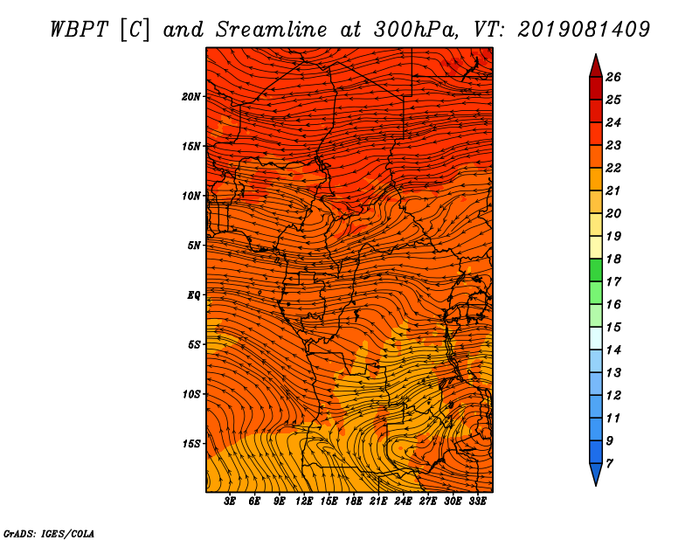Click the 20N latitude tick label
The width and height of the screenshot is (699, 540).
(x=191, y=97)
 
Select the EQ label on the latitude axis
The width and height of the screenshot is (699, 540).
(x=193, y=295)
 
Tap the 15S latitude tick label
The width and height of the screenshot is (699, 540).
(x=191, y=444)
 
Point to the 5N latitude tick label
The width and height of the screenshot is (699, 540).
(x=194, y=246)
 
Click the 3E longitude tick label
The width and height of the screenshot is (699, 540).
(x=230, y=502)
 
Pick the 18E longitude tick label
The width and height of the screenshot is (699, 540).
(x=354, y=502)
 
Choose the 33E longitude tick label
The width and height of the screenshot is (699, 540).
(x=477, y=502)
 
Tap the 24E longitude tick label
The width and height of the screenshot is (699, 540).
(x=403, y=502)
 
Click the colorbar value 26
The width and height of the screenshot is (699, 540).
(x=613, y=77)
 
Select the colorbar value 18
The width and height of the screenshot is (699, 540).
(x=613, y=259)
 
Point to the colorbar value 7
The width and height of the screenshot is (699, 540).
(x=609, y=464)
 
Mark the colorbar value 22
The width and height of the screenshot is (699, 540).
(x=613, y=168)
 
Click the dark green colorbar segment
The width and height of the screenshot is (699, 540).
(x=596, y=270)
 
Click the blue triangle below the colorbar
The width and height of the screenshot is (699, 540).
(x=596, y=473)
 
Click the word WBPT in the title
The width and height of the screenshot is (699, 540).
(x=79, y=30)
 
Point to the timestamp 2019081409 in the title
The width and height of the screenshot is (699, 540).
(x=584, y=30)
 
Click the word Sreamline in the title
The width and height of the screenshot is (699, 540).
(x=272, y=30)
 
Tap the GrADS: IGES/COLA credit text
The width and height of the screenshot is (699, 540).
(x=49, y=534)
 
